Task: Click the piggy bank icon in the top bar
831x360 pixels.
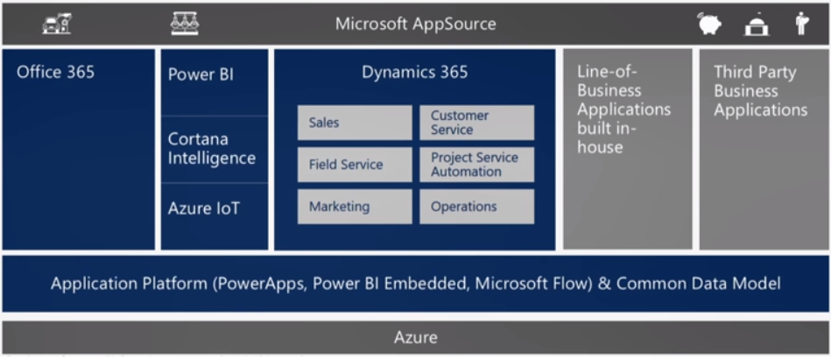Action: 710,25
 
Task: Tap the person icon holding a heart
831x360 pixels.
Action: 800,24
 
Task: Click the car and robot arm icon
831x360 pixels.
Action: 57,25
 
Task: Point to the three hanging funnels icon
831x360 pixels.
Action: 185,24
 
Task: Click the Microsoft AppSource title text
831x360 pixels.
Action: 415,24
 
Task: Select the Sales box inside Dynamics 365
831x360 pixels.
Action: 354,123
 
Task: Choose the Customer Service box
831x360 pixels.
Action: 476,123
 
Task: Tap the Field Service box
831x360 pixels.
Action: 354,165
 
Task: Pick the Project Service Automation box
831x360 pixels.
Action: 476,165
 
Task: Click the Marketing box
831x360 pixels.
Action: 354,207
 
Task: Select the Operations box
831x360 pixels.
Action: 476,207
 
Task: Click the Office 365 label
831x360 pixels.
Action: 55,72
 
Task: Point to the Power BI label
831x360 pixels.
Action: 201,74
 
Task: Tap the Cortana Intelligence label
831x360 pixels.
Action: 211,149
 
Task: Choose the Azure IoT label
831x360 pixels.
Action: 204,208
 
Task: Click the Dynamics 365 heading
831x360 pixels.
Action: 414,72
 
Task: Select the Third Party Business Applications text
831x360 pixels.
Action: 760,91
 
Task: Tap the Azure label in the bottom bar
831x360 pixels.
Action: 415,337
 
